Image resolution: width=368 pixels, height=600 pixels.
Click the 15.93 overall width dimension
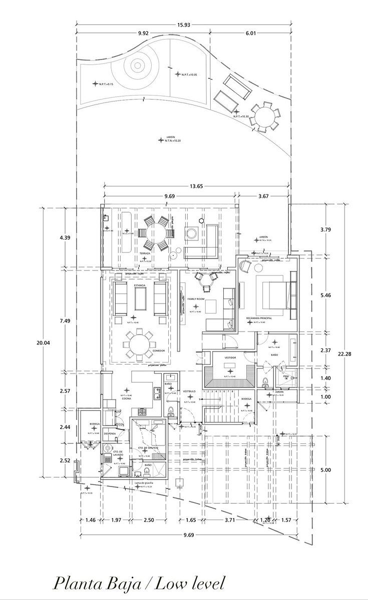(183, 24)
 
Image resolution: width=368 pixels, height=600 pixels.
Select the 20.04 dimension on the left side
(43, 343)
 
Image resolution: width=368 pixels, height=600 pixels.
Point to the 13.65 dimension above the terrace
(196, 186)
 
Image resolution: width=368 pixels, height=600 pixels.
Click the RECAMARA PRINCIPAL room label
(259, 318)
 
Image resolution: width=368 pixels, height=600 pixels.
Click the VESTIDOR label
(230, 357)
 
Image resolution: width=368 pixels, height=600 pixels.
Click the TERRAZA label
(145, 253)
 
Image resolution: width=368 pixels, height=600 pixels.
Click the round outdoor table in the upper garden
(265, 116)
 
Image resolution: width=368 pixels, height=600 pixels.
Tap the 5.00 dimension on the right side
(325, 470)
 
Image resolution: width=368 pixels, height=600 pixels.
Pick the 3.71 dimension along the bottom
(230, 520)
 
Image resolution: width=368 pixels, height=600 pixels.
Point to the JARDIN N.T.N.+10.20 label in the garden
(171, 139)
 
